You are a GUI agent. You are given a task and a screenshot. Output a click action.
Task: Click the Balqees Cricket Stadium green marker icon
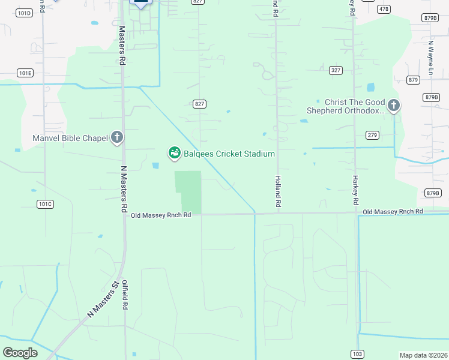click(x=174, y=154)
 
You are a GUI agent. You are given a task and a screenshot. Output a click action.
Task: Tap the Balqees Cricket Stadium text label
click(x=229, y=154)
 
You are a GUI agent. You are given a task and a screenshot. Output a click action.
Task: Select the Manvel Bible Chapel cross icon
click(x=117, y=138)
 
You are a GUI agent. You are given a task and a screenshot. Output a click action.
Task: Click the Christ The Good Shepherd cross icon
click(x=394, y=106)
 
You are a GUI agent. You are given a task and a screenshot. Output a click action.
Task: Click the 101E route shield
click(x=25, y=73)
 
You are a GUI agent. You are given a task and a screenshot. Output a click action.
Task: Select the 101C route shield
click(x=45, y=204)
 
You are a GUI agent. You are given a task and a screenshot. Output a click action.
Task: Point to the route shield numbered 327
click(x=336, y=70)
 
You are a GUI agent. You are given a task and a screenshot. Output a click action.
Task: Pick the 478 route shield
click(x=384, y=9)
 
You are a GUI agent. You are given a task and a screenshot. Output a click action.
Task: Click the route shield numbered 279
click(x=372, y=135)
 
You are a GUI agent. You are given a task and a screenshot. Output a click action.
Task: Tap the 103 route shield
click(x=357, y=355)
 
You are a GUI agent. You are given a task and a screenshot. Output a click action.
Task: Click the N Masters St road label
click(x=103, y=299)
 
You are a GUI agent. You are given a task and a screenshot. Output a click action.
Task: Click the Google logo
click(x=20, y=353)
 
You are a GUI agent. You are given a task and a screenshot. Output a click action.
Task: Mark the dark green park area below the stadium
click(x=189, y=191)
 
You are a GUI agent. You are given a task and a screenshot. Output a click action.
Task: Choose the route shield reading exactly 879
click(x=413, y=80)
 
